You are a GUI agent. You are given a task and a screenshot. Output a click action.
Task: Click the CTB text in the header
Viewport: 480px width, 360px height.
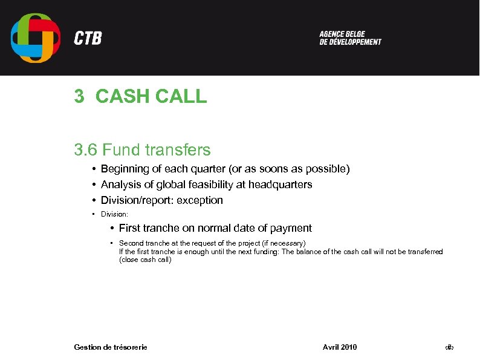[88, 39]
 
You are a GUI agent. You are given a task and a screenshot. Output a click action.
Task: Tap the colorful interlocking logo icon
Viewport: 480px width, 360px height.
[36, 38]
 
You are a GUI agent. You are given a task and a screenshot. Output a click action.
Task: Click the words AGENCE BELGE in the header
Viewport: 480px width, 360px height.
[342, 34]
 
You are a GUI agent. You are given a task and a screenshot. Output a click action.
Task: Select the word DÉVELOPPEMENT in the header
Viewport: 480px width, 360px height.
[358, 42]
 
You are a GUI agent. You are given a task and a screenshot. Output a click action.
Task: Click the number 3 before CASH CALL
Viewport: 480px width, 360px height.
[79, 96]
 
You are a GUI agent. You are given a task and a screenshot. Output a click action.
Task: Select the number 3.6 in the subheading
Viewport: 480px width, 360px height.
[86, 149]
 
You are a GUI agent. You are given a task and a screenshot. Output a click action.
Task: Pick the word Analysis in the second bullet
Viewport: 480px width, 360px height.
[119, 185]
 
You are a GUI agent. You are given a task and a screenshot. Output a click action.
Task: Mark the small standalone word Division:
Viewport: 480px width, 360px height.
[115, 214]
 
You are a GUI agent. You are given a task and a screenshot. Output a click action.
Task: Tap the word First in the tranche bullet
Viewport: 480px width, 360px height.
[129, 228]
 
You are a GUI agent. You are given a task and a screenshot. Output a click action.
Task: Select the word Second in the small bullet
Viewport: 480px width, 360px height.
[131, 243]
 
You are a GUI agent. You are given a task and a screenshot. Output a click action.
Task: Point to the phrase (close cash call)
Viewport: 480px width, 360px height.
[145, 260]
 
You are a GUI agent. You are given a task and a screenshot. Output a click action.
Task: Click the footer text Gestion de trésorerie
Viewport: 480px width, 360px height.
[110, 347]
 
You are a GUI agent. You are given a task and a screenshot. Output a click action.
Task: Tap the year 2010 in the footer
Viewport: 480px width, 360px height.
[349, 347]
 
